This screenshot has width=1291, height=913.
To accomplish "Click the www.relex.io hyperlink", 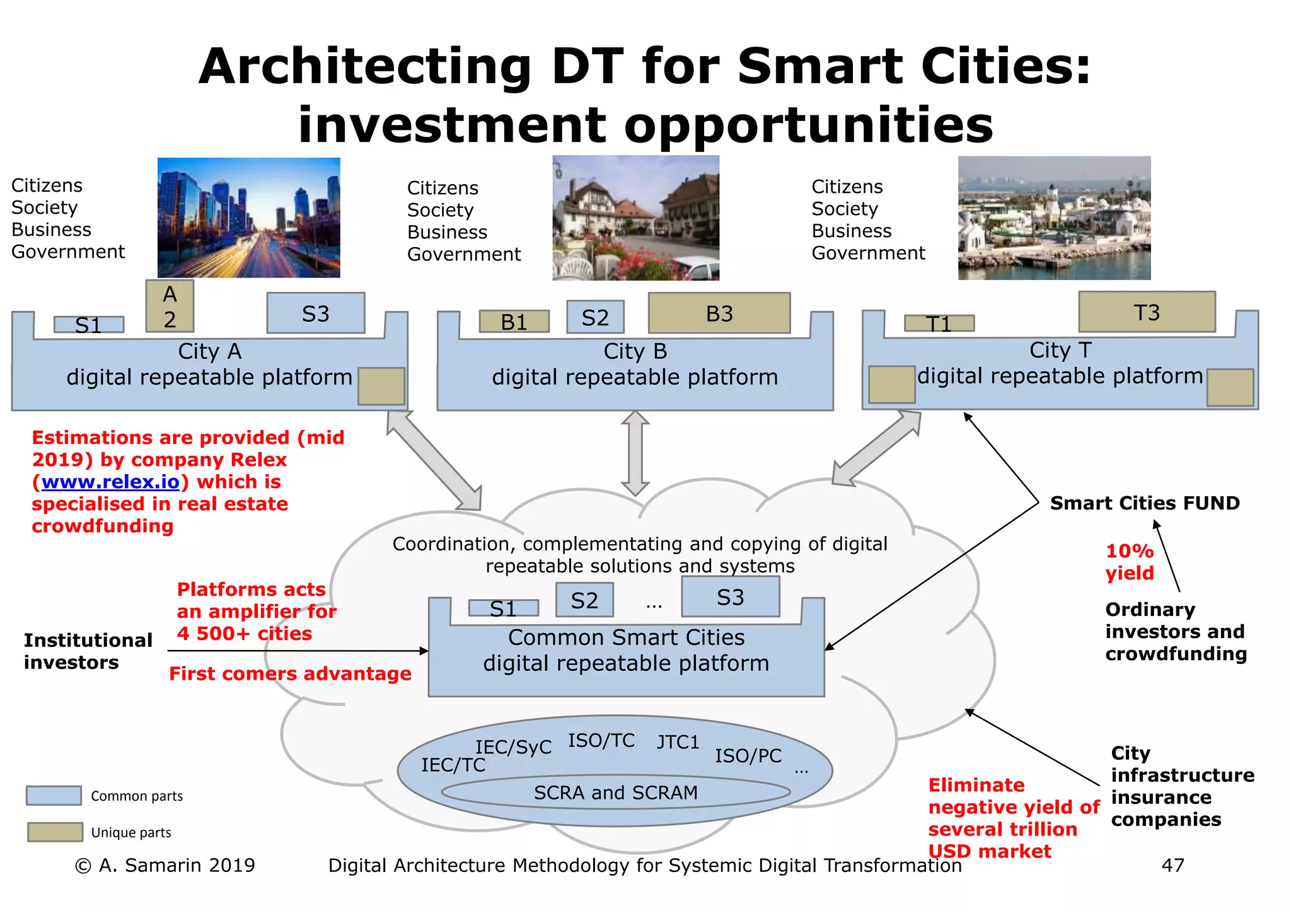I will click(x=110, y=482).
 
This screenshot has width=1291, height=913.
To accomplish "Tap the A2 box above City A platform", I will click(x=170, y=306).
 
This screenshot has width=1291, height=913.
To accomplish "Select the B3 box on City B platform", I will click(x=719, y=313).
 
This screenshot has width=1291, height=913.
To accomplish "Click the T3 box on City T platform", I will click(x=1147, y=312).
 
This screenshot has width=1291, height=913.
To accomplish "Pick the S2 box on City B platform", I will click(x=595, y=317).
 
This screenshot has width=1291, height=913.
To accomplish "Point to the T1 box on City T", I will click(x=939, y=323).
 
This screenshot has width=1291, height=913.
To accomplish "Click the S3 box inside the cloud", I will click(x=730, y=597).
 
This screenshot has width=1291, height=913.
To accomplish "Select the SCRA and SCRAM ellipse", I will click(x=615, y=793).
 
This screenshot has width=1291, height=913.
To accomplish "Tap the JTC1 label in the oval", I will click(x=678, y=742).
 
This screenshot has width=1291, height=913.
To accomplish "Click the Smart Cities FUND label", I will click(x=1144, y=503).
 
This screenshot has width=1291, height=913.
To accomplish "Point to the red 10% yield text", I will click(x=1130, y=562).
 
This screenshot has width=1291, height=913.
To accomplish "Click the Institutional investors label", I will click(x=88, y=651).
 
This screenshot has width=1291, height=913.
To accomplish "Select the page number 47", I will click(x=1172, y=865).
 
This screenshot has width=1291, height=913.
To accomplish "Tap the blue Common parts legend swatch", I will click(x=54, y=796).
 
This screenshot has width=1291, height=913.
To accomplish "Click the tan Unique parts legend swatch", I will click(x=55, y=832).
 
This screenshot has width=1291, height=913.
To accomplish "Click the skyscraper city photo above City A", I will click(x=248, y=218).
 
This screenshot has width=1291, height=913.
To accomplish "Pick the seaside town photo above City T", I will click(x=1054, y=218).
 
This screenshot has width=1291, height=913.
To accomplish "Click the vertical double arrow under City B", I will click(x=635, y=453).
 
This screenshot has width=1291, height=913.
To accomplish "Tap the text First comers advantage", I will click(x=290, y=673).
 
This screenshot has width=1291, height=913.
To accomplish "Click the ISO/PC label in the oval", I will click(x=748, y=755).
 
